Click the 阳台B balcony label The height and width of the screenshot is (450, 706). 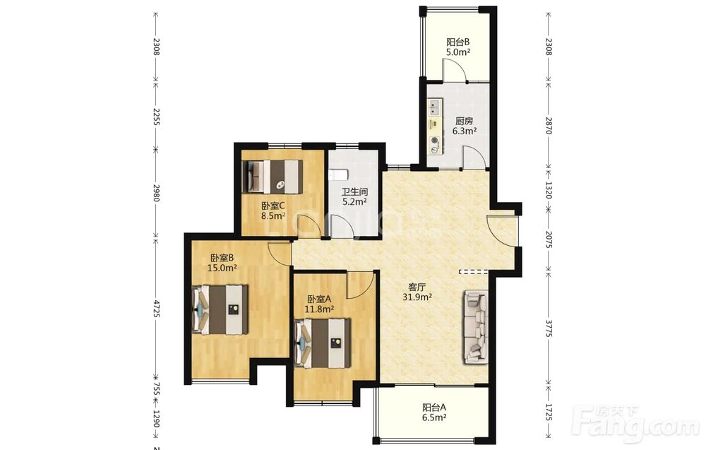(x=458, y=42)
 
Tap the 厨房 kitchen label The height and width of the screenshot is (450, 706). (x=465, y=122)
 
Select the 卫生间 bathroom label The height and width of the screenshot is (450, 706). (x=354, y=192)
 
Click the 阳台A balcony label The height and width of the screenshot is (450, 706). (x=434, y=408)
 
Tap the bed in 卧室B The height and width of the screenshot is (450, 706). (x=220, y=309)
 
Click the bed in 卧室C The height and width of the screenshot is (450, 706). (x=273, y=176)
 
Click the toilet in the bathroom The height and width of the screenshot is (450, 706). (x=339, y=174)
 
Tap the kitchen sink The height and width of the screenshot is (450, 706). (x=434, y=107)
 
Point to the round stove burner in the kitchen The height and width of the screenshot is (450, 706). (x=434, y=140)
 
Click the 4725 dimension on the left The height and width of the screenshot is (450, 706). (x=157, y=309)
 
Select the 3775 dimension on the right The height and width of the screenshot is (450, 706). (x=549, y=328)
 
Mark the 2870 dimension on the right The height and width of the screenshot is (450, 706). (x=549, y=125)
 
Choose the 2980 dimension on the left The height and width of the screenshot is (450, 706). (x=157, y=192)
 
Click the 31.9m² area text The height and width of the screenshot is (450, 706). (x=417, y=297)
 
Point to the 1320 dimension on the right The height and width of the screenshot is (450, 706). (x=549, y=189)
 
